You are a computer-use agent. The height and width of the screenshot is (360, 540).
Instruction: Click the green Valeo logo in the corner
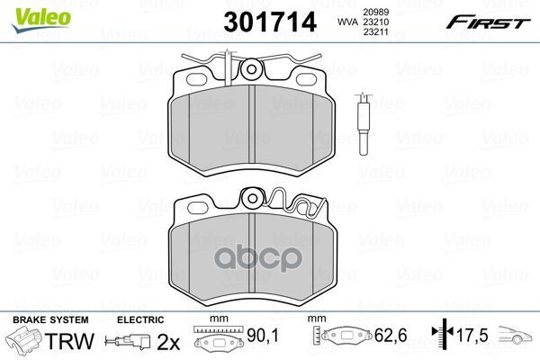tap(41, 20)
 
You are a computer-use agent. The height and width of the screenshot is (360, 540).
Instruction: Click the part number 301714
tap(270, 22)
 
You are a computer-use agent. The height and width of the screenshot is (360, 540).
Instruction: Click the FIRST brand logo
tap(488, 22)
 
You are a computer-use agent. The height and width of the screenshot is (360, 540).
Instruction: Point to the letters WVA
tap(347, 22)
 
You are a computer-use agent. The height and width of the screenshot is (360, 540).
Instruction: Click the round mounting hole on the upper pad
tap(251, 70)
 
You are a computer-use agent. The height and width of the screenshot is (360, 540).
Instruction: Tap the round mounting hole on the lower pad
tap(252, 198)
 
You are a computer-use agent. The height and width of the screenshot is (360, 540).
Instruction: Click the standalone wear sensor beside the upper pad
tap(364, 124)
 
